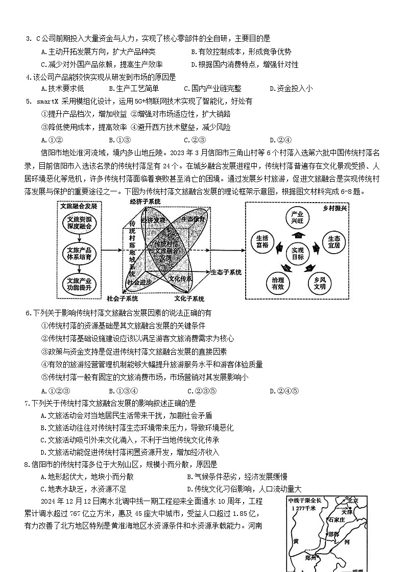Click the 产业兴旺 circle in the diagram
point(297,218)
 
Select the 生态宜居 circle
point(333,242)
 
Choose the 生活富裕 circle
point(262,242)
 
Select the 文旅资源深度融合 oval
point(79,223)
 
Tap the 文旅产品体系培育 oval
point(79,254)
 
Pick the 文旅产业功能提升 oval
point(79,284)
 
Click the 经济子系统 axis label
point(145,202)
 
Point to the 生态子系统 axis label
point(226,272)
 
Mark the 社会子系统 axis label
point(123,299)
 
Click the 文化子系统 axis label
point(189,299)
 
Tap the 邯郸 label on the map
point(333,534)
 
